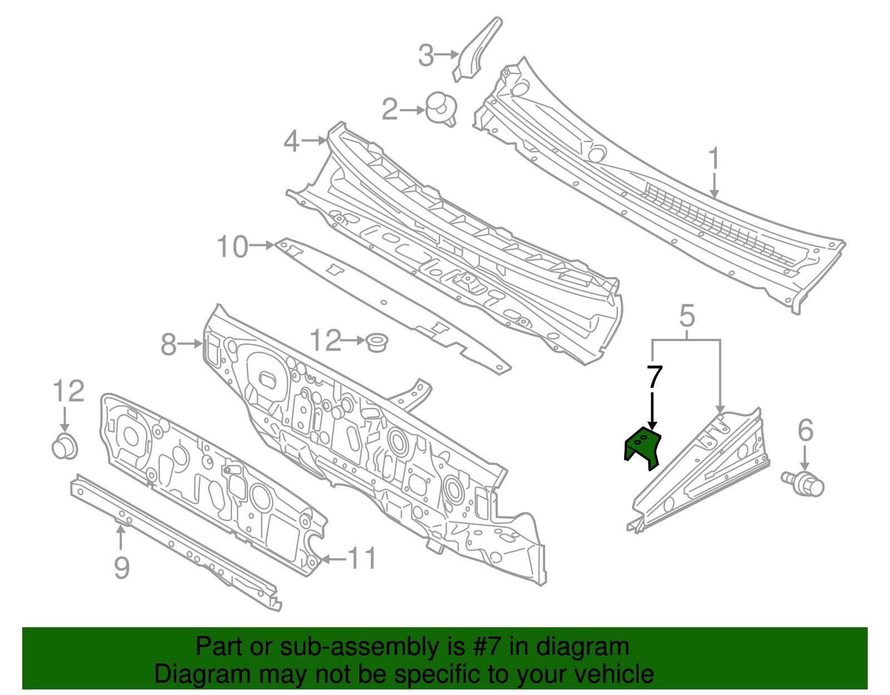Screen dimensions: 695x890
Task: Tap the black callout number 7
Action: click(654, 378)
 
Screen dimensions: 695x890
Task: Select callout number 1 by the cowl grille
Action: click(714, 159)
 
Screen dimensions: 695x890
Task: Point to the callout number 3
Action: click(426, 56)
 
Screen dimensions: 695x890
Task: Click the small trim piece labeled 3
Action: click(477, 50)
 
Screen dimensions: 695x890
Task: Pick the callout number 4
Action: click(291, 141)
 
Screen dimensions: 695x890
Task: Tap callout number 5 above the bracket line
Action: click(688, 316)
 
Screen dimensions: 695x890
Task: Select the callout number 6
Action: click(805, 431)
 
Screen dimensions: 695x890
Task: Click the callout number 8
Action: click(169, 344)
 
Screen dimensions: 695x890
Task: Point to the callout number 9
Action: click(122, 568)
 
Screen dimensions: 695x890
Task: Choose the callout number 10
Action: click(233, 247)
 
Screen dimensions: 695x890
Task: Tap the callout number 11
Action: click(362, 558)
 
